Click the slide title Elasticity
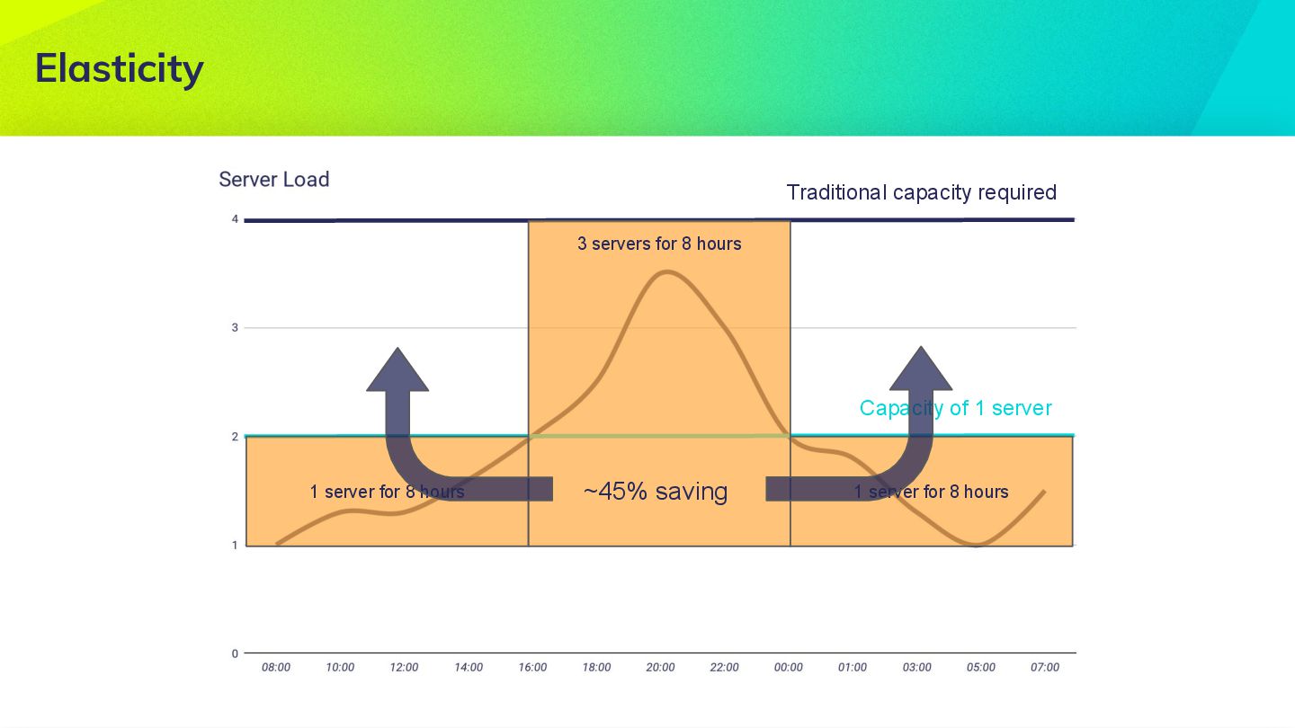pyautogui.click(x=120, y=68)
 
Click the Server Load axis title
pyautogui.click(x=274, y=179)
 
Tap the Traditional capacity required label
pyautogui.click(x=921, y=192)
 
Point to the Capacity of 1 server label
pyautogui.click(x=955, y=408)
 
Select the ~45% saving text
pyautogui.click(x=655, y=491)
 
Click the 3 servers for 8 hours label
pyautogui.click(x=659, y=244)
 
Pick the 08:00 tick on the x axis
pyautogui.click(x=276, y=667)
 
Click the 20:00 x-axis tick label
pyautogui.click(x=660, y=667)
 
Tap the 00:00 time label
pyautogui.click(x=789, y=667)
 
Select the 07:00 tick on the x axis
pyautogui.click(x=1045, y=667)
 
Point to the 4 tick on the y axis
pyautogui.click(x=235, y=219)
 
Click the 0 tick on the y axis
pyautogui.click(x=235, y=653)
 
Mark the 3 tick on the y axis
pyautogui.click(x=235, y=328)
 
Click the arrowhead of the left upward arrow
pyautogui.click(x=397, y=370)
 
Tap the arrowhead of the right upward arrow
pyautogui.click(x=920, y=369)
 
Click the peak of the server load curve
pyautogui.click(x=664, y=271)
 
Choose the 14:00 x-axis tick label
pyautogui.click(x=468, y=667)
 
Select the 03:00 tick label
pyautogui.click(x=916, y=667)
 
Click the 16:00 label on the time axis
pyautogui.click(x=532, y=667)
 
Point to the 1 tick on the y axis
pyautogui.click(x=235, y=545)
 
